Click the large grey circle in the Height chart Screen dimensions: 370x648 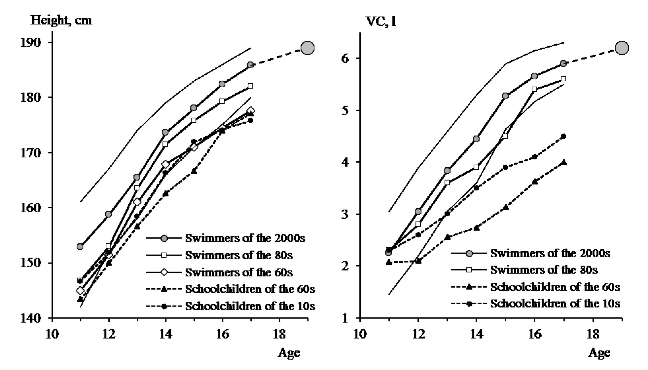tap(308, 48)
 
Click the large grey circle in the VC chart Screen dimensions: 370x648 tap(622, 48)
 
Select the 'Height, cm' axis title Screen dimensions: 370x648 tap(61, 21)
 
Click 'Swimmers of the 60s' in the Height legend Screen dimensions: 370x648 tap(239, 272)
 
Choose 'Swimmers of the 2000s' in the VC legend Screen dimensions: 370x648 tap(550, 253)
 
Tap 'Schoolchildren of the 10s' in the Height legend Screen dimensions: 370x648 tap(250, 306)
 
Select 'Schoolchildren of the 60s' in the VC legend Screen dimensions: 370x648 tap(555, 287)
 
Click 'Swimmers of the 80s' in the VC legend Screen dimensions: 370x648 tap(544, 270)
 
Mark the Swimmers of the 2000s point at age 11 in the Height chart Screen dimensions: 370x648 tap(80, 247)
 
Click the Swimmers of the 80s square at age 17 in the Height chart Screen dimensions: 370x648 tap(250, 86)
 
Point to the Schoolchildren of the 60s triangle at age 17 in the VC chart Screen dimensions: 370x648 tap(563, 162)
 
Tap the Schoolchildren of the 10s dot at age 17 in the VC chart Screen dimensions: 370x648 tap(563, 136)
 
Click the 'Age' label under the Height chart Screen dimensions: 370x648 tap(289, 353)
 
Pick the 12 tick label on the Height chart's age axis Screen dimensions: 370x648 tap(109, 335)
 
